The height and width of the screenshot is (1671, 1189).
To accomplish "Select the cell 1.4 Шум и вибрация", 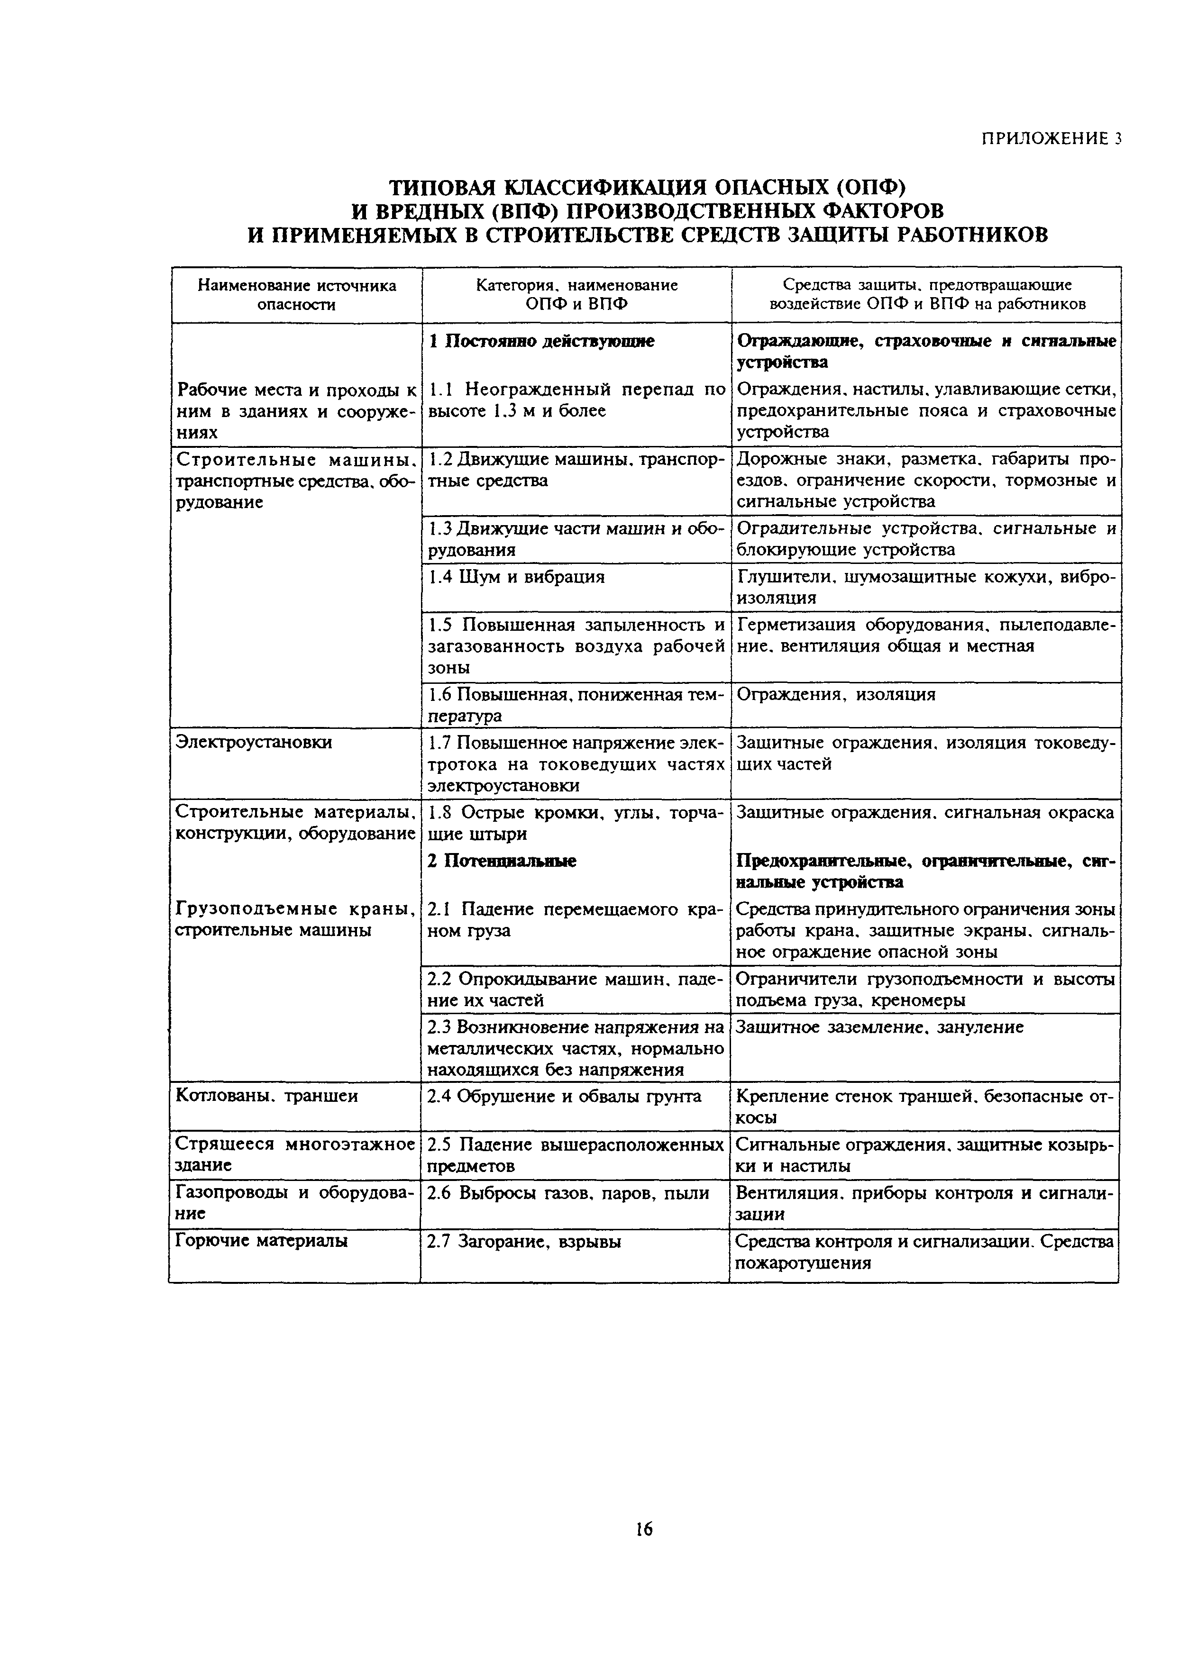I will [517, 577].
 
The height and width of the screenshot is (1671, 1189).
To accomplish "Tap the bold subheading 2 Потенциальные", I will [502, 861].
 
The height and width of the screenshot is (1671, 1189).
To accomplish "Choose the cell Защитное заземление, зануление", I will [878, 1027].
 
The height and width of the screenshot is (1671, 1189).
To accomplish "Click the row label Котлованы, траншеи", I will [267, 1096].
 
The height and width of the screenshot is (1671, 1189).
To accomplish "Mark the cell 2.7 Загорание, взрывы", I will [524, 1241].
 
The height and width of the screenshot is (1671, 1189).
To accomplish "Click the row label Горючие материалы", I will [262, 1240].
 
